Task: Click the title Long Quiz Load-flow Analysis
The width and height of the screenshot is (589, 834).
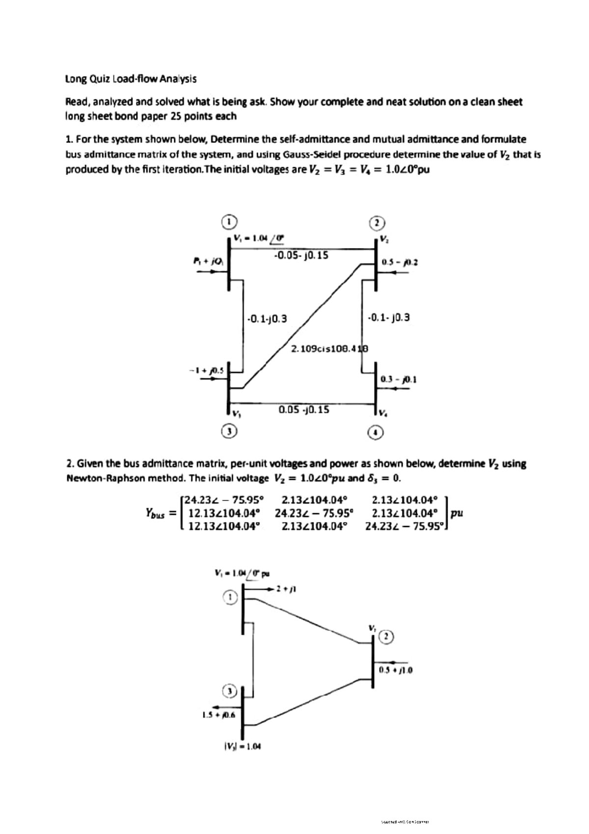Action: [x=131, y=79]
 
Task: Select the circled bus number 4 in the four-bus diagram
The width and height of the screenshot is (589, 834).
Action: [x=375, y=432]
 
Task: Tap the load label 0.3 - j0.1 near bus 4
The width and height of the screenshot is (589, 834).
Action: [x=399, y=379]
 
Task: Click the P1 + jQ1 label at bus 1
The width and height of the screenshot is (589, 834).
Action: [x=209, y=261]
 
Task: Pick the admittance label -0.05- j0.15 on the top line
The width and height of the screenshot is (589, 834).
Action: [x=300, y=256]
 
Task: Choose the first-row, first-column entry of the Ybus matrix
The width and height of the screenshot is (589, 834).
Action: [x=223, y=500]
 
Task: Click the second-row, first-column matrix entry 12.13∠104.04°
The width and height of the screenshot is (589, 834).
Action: [x=223, y=514]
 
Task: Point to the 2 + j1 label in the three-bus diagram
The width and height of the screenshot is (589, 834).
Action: [x=288, y=588]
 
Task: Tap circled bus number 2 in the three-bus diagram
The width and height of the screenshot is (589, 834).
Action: [x=387, y=637]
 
